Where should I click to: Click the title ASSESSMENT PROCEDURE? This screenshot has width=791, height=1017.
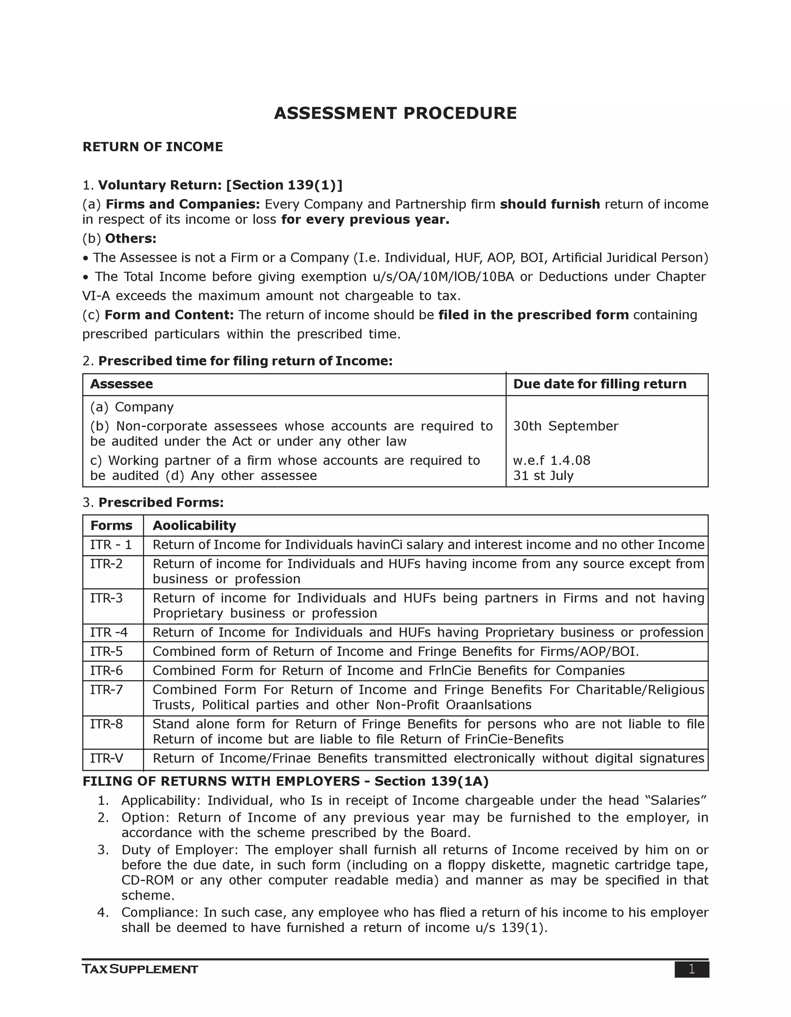395,113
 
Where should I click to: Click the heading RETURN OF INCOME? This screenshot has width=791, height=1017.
153,147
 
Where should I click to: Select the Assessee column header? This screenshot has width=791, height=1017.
121,384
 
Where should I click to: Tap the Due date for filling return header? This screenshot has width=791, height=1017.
599,384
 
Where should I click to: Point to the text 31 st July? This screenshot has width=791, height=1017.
543,476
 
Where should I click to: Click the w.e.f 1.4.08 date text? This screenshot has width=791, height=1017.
552,461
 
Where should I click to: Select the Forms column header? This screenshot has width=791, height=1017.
111,526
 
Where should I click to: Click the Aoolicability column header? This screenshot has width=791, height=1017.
194,526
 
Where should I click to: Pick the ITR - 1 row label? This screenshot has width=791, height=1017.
111,545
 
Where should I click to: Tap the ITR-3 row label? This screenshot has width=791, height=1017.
106,598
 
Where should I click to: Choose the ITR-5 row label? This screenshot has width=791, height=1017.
106,652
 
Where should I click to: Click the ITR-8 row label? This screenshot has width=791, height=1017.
106,724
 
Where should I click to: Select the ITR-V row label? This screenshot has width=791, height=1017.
106,759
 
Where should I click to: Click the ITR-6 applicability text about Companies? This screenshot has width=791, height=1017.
388,671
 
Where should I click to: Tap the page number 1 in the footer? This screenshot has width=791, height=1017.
691,970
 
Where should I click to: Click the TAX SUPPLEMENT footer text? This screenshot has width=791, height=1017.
140,970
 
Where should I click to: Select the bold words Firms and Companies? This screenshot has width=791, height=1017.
183,204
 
